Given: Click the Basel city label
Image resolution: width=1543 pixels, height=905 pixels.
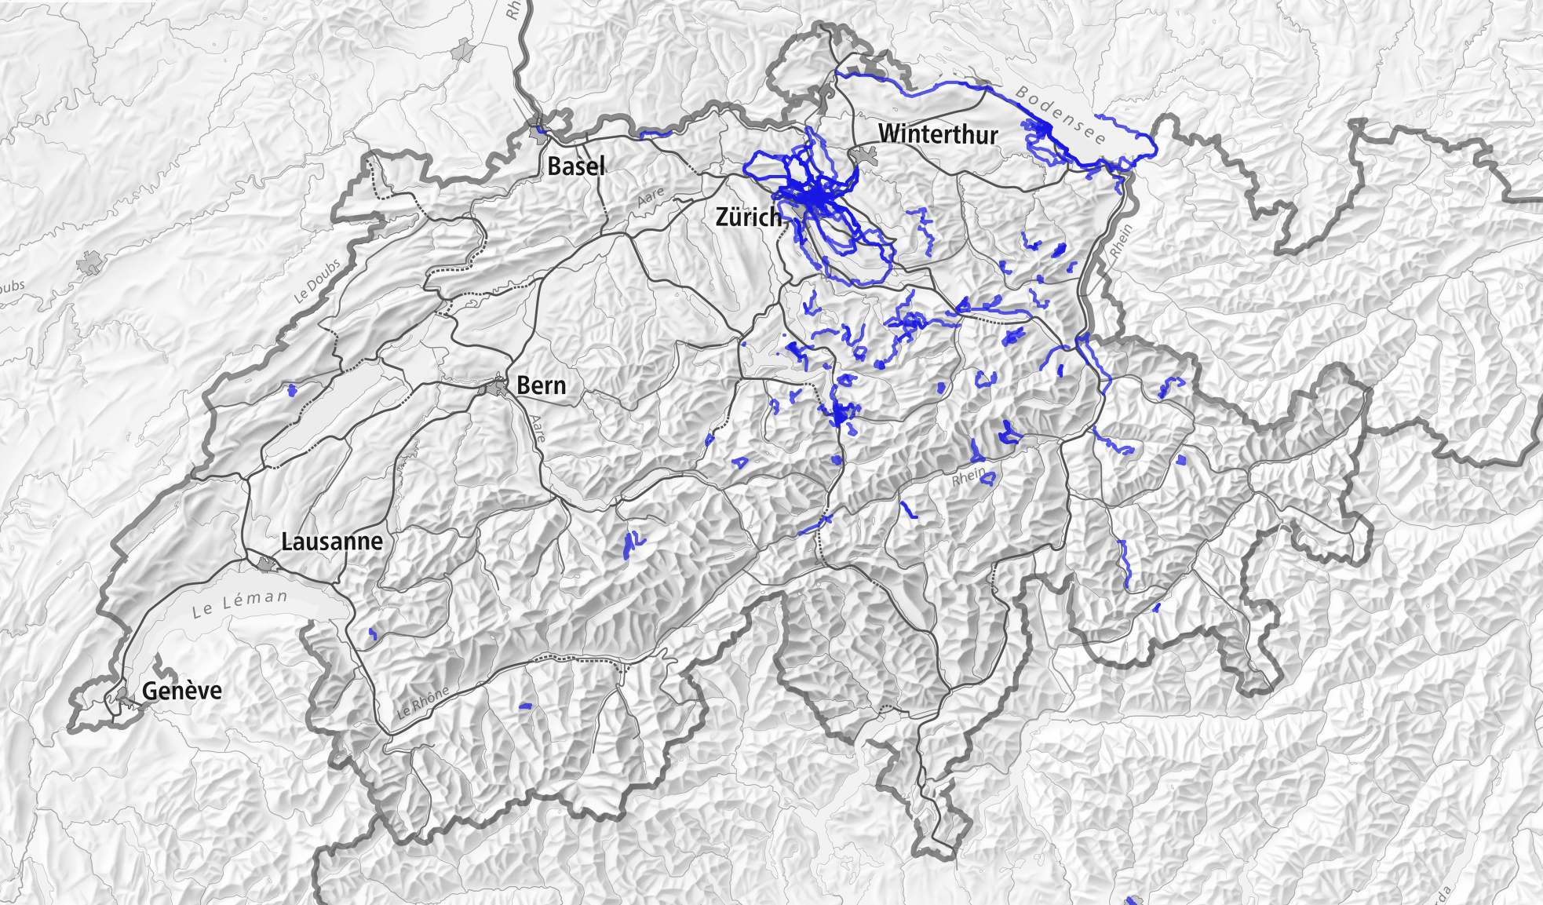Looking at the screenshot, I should pos(576,166).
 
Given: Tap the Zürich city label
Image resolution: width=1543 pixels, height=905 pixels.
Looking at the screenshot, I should pos(748,217).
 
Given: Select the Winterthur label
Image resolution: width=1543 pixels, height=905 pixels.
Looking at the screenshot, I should pos(938,134).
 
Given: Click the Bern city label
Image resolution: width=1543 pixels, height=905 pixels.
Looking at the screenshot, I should pos(541,385).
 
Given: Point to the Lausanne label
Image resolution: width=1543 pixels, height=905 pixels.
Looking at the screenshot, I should pos(332,542).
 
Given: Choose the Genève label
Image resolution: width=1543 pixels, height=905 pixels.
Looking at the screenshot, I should pos(182,691).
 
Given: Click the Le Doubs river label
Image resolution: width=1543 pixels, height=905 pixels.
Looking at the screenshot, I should pos(317,281).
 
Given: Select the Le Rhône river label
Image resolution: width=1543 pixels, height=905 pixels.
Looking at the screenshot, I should pos(423,702).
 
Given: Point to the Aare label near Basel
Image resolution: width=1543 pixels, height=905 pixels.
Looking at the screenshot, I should pos(651,197).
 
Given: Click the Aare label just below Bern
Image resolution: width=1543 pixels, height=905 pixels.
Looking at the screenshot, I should pos(538,429).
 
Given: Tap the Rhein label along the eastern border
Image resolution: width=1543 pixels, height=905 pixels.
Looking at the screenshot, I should pos(1122,241).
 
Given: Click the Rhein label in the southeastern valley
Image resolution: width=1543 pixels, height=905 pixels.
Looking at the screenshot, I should pos(968,476).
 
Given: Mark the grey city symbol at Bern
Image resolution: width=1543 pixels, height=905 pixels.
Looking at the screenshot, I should pos(497,387).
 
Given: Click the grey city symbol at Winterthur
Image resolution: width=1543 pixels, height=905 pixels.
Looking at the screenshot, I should pos(866,156).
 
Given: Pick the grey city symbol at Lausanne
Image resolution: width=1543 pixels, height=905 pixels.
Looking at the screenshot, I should pos(267,563).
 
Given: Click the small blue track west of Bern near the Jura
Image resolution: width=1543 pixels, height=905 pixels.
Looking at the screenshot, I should pos(293,390).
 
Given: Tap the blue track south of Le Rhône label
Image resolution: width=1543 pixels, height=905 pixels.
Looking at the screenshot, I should pos(525,706).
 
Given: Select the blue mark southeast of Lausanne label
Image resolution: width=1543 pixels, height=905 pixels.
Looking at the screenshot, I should pos(373,633).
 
